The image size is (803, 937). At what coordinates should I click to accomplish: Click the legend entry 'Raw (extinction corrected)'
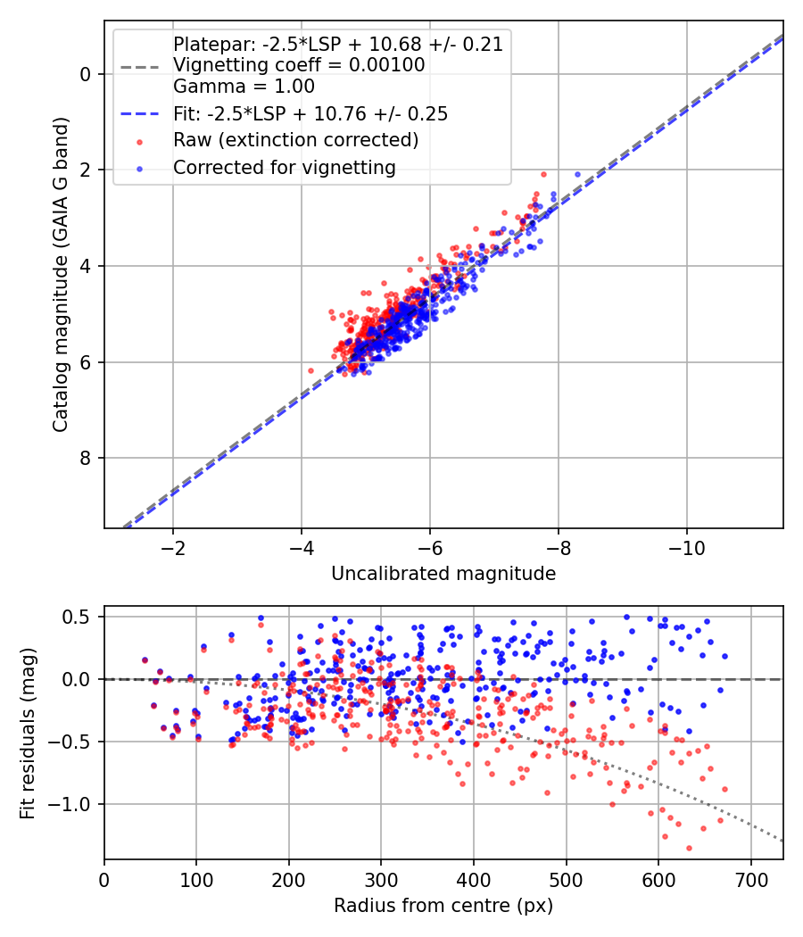295,140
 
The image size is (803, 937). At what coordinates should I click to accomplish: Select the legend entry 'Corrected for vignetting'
284,167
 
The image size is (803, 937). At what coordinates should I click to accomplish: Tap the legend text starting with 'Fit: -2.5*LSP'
310,113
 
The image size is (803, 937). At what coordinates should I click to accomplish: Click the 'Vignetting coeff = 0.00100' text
299,65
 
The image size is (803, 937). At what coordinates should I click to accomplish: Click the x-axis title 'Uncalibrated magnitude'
443,574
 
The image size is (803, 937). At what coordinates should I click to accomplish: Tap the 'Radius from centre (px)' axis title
443,906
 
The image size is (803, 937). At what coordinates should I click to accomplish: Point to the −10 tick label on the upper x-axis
687,546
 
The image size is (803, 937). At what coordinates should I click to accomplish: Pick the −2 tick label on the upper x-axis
173,546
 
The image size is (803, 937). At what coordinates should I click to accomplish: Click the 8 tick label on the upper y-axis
87,458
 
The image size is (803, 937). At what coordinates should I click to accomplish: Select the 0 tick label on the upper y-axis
87,73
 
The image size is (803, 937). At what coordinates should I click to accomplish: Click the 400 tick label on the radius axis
474,879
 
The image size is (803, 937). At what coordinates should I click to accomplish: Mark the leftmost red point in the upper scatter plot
310,370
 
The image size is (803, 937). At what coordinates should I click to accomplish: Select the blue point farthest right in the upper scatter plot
577,175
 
